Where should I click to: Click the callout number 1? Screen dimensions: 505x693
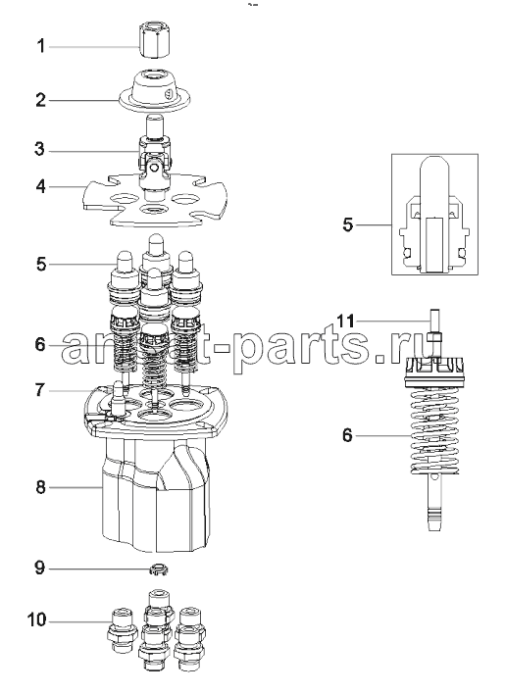(x=40, y=46)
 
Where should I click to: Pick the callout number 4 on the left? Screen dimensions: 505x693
(x=40, y=186)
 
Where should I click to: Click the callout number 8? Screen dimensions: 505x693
(x=40, y=487)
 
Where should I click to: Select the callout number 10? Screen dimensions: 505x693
(x=36, y=620)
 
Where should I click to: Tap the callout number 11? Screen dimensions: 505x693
(x=345, y=321)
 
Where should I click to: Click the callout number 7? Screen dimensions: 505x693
(x=40, y=390)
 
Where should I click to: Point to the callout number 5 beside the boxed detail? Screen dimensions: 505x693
(x=348, y=224)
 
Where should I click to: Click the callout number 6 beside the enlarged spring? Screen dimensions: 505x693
(x=348, y=435)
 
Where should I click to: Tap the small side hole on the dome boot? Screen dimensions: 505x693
(x=167, y=94)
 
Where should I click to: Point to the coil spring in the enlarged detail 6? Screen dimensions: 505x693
(x=433, y=431)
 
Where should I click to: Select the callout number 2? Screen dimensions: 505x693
(x=40, y=100)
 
